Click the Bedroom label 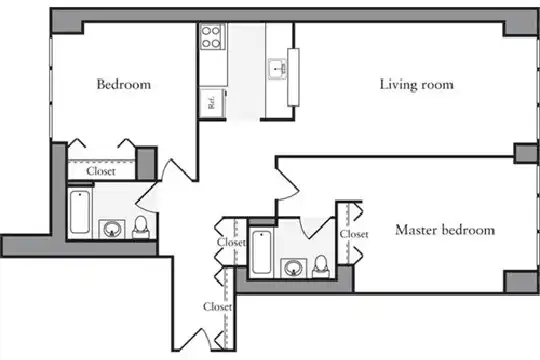pos(124,84)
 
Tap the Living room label pos(416,85)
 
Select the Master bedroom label pos(445,230)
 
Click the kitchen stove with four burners pos(211,37)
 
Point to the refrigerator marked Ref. pos(212,102)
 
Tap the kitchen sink pos(277,69)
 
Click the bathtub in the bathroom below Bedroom pos(80,212)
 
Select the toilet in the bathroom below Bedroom pos(141,227)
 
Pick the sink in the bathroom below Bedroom pos(112,229)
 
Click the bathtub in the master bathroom pos(261,253)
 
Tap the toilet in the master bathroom pos(321,267)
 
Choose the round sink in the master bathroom pos(294,268)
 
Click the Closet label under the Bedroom pos(101,171)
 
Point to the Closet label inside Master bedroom pos(354,234)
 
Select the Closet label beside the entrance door pos(217,306)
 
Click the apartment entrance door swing pos(194,339)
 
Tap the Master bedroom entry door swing pos(288,183)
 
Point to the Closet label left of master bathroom pos(231,243)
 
